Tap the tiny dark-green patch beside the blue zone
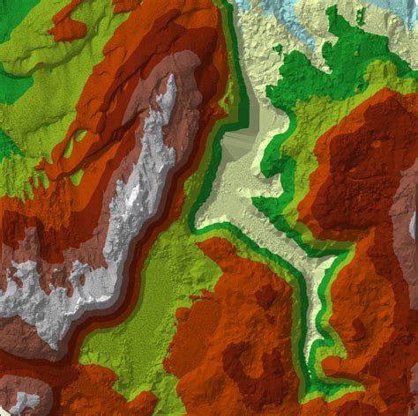277,48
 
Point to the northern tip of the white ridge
168,78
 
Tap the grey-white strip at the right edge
412,264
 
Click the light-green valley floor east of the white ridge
141,326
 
